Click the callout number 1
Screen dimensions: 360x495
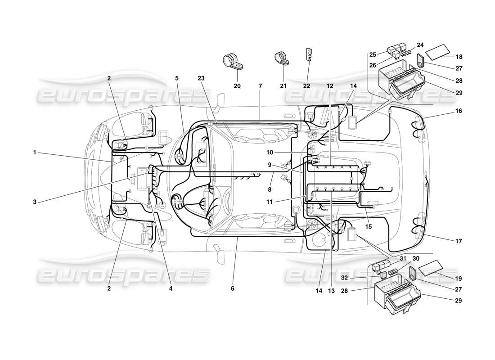[x=34, y=152]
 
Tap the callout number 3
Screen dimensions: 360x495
[x=34, y=202]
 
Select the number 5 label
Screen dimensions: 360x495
[x=177, y=78]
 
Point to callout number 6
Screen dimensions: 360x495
[x=233, y=288]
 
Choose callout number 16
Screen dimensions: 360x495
[x=459, y=111]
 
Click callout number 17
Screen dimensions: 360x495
[x=459, y=241]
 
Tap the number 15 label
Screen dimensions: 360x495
[x=368, y=226]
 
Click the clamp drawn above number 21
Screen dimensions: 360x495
[x=282, y=59]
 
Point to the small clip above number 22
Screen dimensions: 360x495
[x=309, y=54]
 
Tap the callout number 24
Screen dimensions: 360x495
[x=420, y=45]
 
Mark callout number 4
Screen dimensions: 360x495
[x=170, y=288]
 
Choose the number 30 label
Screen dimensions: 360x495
[x=416, y=259]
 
